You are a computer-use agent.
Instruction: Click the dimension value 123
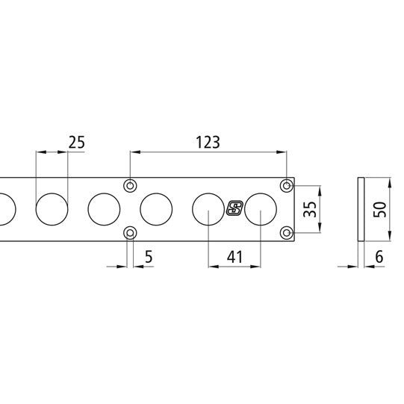coord(208,143)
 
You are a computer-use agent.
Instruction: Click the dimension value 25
coord(76,143)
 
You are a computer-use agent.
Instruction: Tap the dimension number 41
coord(234,257)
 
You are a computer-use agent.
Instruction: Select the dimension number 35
coord(310,209)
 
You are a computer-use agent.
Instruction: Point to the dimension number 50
coord(380,209)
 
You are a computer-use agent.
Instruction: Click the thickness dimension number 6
coord(379,257)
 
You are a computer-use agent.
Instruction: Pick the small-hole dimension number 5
coord(149,257)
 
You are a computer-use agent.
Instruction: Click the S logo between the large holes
coord(234,208)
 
